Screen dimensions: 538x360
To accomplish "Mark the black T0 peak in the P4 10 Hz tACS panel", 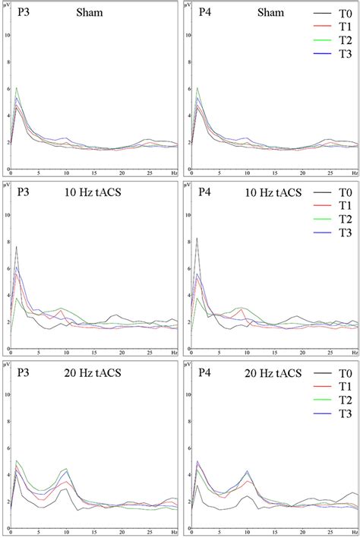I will [x=197, y=260].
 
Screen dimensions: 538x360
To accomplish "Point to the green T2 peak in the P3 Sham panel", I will [x=17, y=88].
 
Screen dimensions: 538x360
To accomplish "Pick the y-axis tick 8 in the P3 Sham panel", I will [x=7, y=62].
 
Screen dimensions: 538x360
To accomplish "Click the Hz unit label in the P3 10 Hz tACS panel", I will [x=174, y=354].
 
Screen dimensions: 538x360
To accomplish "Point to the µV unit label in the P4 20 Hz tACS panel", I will [x=189, y=366].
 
